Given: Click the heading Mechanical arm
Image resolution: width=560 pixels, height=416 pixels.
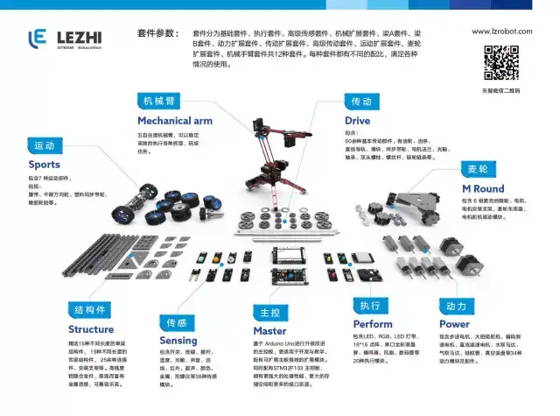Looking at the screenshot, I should [x=175, y=120].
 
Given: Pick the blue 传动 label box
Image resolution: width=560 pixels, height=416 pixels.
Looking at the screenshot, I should [x=360, y=100].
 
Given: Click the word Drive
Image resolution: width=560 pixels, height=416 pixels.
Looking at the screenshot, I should [x=357, y=120].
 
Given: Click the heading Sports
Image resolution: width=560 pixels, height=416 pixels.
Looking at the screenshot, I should [x=45, y=165].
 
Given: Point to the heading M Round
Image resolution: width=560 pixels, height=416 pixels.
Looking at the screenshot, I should [x=483, y=188].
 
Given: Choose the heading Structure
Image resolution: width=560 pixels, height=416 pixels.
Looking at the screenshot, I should [x=91, y=329].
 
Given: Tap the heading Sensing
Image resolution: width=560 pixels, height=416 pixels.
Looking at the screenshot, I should [x=178, y=340].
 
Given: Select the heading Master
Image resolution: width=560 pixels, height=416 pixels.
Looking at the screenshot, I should [x=269, y=331].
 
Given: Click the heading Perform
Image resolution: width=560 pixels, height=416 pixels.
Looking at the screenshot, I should [x=372, y=324].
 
